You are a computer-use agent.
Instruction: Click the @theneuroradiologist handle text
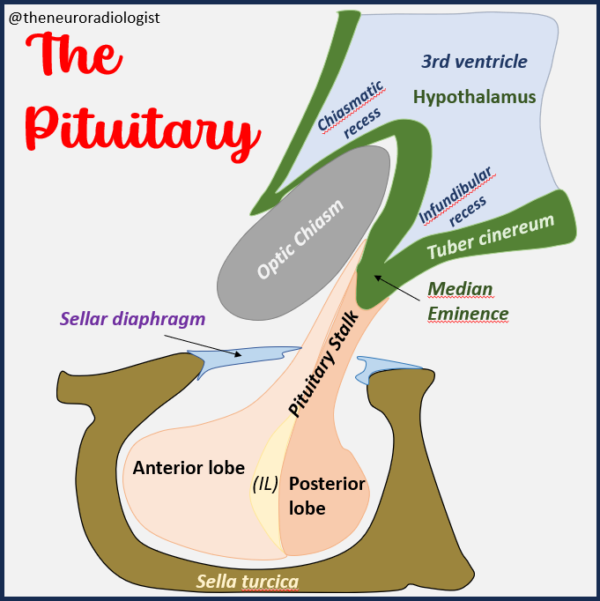tap(85, 17)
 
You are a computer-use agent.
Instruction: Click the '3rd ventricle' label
tap(474, 62)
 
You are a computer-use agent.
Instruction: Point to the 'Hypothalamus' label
tap(475, 97)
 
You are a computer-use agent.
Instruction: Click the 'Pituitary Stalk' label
tap(325, 362)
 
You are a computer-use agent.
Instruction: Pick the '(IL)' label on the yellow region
tap(266, 483)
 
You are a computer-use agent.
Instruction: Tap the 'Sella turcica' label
tap(248, 581)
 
